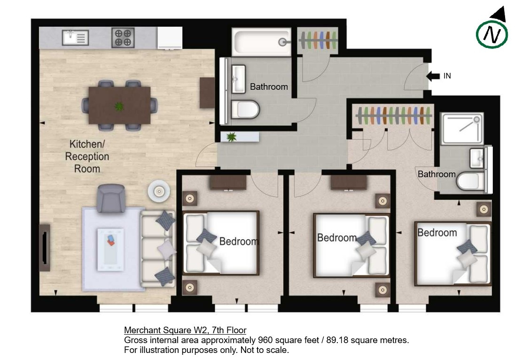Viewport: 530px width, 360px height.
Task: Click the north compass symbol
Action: (x=492, y=32)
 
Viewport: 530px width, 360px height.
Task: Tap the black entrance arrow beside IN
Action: (x=433, y=76)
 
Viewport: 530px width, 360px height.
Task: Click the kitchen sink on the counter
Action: (x=75, y=38)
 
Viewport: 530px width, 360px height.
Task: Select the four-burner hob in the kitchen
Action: (x=123, y=38)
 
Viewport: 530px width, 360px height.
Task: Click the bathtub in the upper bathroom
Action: (x=261, y=42)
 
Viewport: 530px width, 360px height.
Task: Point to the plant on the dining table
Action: (x=119, y=107)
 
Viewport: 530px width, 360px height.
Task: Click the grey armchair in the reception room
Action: (x=111, y=198)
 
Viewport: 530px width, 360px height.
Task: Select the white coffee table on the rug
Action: (x=110, y=250)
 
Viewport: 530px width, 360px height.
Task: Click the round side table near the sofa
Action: (x=159, y=192)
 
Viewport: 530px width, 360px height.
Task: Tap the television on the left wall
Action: (x=45, y=248)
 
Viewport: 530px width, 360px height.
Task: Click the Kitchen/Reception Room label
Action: (x=87, y=156)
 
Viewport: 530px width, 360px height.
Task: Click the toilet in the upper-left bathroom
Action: (x=245, y=109)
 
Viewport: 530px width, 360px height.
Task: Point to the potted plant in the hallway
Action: (x=231, y=137)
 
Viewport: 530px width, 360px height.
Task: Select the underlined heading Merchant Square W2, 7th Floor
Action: (x=185, y=330)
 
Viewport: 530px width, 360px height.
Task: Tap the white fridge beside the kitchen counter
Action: (x=170, y=38)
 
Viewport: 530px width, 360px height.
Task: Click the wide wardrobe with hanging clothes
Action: (x=393, y=116)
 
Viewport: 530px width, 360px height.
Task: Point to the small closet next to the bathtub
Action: (x=318, y=40)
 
